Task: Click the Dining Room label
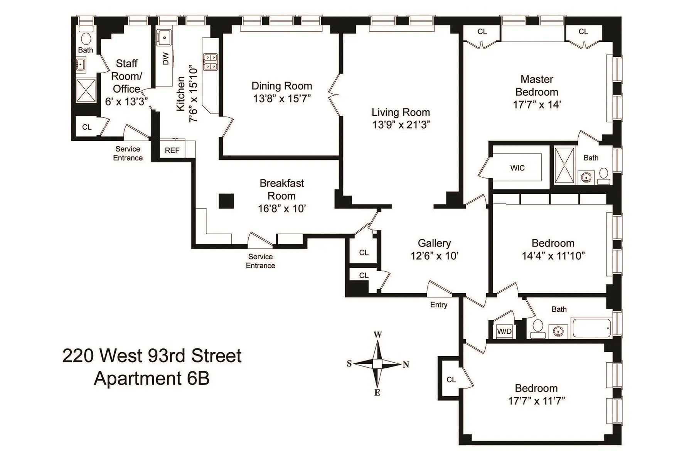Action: (281, 86)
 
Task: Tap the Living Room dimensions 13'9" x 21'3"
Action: (401, 125)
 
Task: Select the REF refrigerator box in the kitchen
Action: (172, 150)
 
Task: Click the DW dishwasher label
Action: (166, 59)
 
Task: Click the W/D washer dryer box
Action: (504, 331)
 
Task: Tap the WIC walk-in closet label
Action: (517, 168)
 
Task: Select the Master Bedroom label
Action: (537, 86)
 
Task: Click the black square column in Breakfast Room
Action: (226, 201)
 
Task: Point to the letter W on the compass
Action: (378, 335)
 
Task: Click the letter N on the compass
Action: (406, 365)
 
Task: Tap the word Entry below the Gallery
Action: (439, 305)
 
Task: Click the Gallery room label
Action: (434, 243)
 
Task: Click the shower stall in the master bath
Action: (564, 165)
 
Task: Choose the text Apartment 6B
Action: (152, 378)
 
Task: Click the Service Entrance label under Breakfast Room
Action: (261, 261)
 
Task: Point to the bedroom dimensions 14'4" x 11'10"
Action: (553, 256)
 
